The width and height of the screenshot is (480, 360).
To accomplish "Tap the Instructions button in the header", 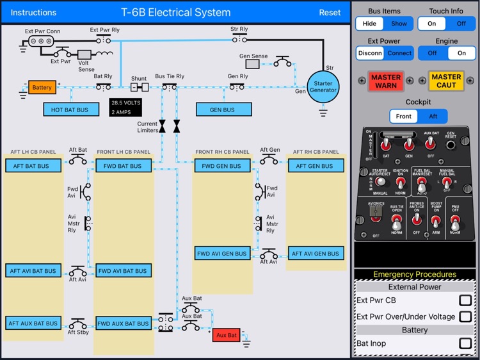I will pos(34,12).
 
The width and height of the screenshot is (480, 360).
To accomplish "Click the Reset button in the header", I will pos(330,12).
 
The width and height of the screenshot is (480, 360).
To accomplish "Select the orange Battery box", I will pos(42,87).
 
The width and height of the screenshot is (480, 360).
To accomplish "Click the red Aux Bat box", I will pos(227,335).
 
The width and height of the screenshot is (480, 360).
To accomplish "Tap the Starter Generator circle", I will pos(323,87).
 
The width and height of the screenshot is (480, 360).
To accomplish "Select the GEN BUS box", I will pos(222,110).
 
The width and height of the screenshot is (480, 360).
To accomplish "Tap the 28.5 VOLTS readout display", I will pos(125,106).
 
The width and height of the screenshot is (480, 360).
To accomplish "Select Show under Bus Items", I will pos(399,24).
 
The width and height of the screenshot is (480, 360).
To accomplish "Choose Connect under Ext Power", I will pos(399,53).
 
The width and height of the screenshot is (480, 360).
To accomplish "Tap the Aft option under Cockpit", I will pos(433,117).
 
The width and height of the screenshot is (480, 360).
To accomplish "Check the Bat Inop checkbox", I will pos(465,343).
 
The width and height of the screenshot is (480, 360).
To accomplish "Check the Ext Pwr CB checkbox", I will pos(465,300).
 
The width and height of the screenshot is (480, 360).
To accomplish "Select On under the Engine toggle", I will pos(461,53).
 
